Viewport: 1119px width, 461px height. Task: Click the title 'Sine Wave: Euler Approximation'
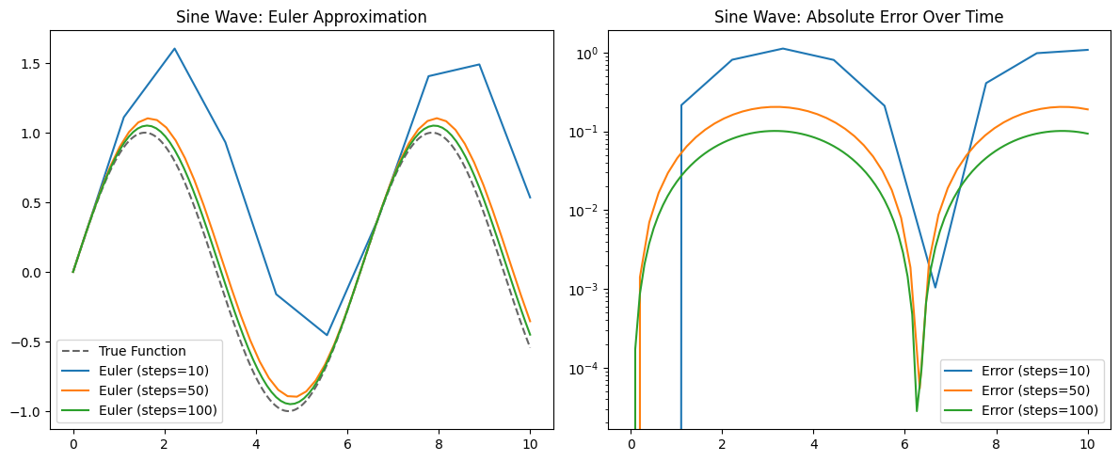(301, 17)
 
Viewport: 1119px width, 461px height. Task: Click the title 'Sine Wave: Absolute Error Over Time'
(859, 17)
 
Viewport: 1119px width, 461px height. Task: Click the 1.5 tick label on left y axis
(31, 64)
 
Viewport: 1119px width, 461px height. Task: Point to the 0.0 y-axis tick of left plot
(31, 273)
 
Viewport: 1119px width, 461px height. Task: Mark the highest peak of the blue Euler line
(175, 49)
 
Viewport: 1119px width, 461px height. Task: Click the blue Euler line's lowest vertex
(328, 335)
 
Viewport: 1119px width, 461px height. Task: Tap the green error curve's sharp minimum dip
(917, 410)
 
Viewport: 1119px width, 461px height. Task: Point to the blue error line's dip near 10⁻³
(935, 287)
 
